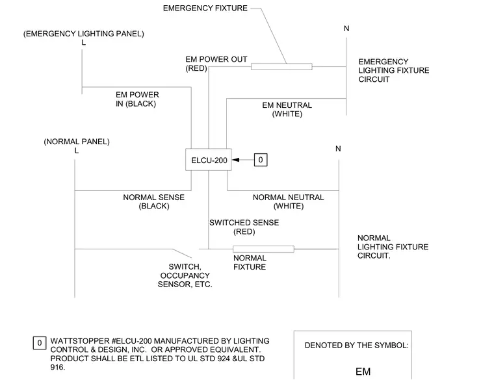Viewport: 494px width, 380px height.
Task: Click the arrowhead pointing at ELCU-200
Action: click(236, 160)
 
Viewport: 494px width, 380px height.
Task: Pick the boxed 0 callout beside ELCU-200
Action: click(261, 160)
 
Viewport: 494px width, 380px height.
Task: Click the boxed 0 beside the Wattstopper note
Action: click(40, 343)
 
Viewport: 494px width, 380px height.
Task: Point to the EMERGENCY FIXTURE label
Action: click(205, 8)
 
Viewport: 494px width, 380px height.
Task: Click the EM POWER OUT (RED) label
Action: click(216, 64)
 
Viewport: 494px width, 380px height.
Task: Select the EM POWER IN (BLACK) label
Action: click(137, 99)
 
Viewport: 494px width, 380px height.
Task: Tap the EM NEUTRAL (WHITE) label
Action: click(287, 109)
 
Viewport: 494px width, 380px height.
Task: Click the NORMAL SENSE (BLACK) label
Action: click(154, 201)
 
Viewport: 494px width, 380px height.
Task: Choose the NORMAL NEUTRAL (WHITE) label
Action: click(288, 201)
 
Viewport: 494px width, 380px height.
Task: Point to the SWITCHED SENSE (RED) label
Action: click(244, 227)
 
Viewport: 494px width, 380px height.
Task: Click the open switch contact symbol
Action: click(182, 253)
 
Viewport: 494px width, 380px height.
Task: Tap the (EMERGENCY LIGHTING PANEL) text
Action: click(83, 34)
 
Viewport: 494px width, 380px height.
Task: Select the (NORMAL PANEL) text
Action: click(77, 142)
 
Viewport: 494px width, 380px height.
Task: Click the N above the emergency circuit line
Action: click(346, 29)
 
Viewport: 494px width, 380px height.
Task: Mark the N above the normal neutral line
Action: click(338, 149)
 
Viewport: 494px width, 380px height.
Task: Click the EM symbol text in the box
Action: click(363, 372)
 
